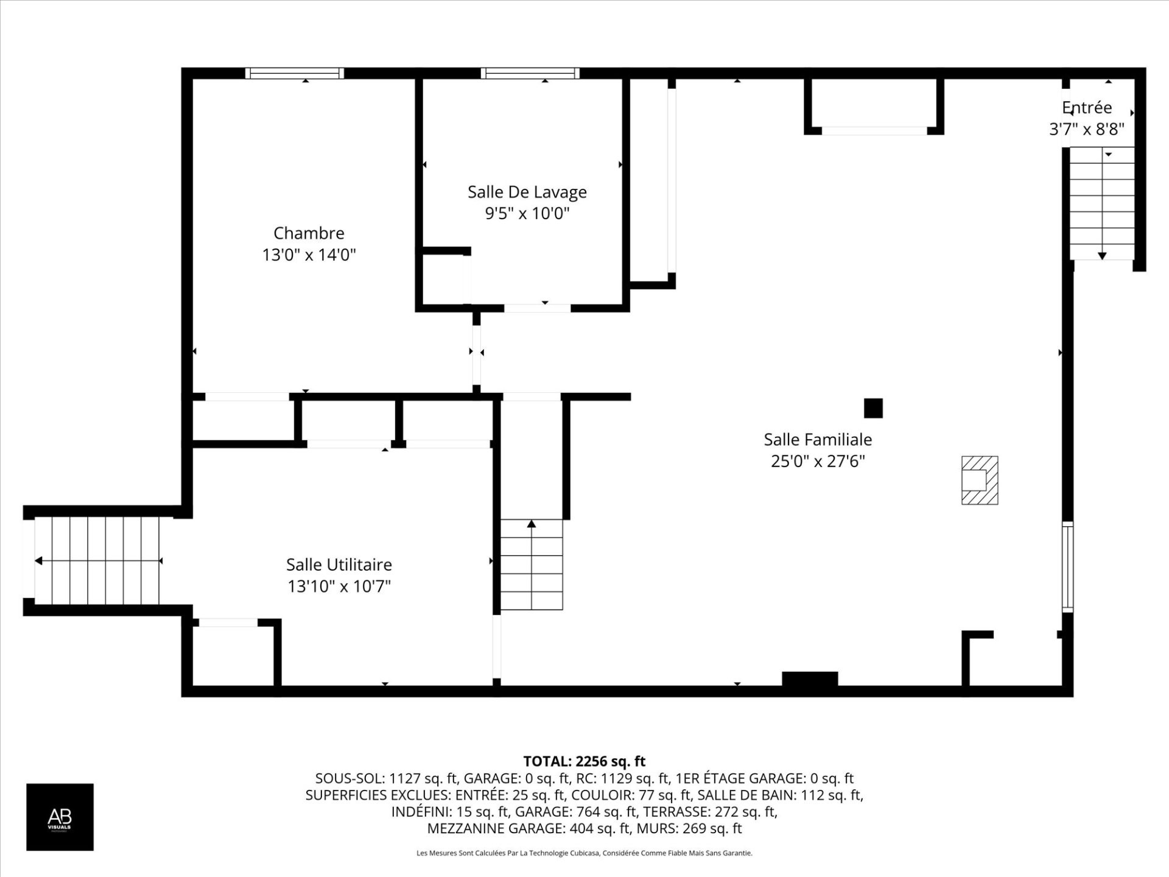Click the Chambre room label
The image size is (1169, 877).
coord(309,233)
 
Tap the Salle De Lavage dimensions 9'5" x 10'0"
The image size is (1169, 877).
coord(527,214)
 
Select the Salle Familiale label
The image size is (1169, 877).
coord(818,440)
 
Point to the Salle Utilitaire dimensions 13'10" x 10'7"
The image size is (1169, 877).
coord(339,586)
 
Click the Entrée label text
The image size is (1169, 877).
coord(1087,108)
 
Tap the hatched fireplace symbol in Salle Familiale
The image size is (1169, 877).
coord(979,481)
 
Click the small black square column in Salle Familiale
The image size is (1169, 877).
coord(873,408)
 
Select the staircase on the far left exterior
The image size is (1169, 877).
coord(97,561)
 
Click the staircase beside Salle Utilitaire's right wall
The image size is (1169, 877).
coord(532,565)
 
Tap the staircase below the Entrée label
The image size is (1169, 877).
coord(1102,203)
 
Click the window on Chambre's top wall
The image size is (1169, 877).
coord(295,74)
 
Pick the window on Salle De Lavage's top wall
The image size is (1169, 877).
coord(530,74)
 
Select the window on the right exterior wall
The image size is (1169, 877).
coord(1067,567)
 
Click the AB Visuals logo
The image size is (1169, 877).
coord(60,817)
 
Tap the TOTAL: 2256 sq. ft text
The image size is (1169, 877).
coord(584,761)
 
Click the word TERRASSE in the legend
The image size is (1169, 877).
coord(672,812)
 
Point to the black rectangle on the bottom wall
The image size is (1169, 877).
coord(809,679)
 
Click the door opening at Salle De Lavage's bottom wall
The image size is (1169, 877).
coord(537,308)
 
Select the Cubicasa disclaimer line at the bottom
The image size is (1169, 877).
coord(584,853)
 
